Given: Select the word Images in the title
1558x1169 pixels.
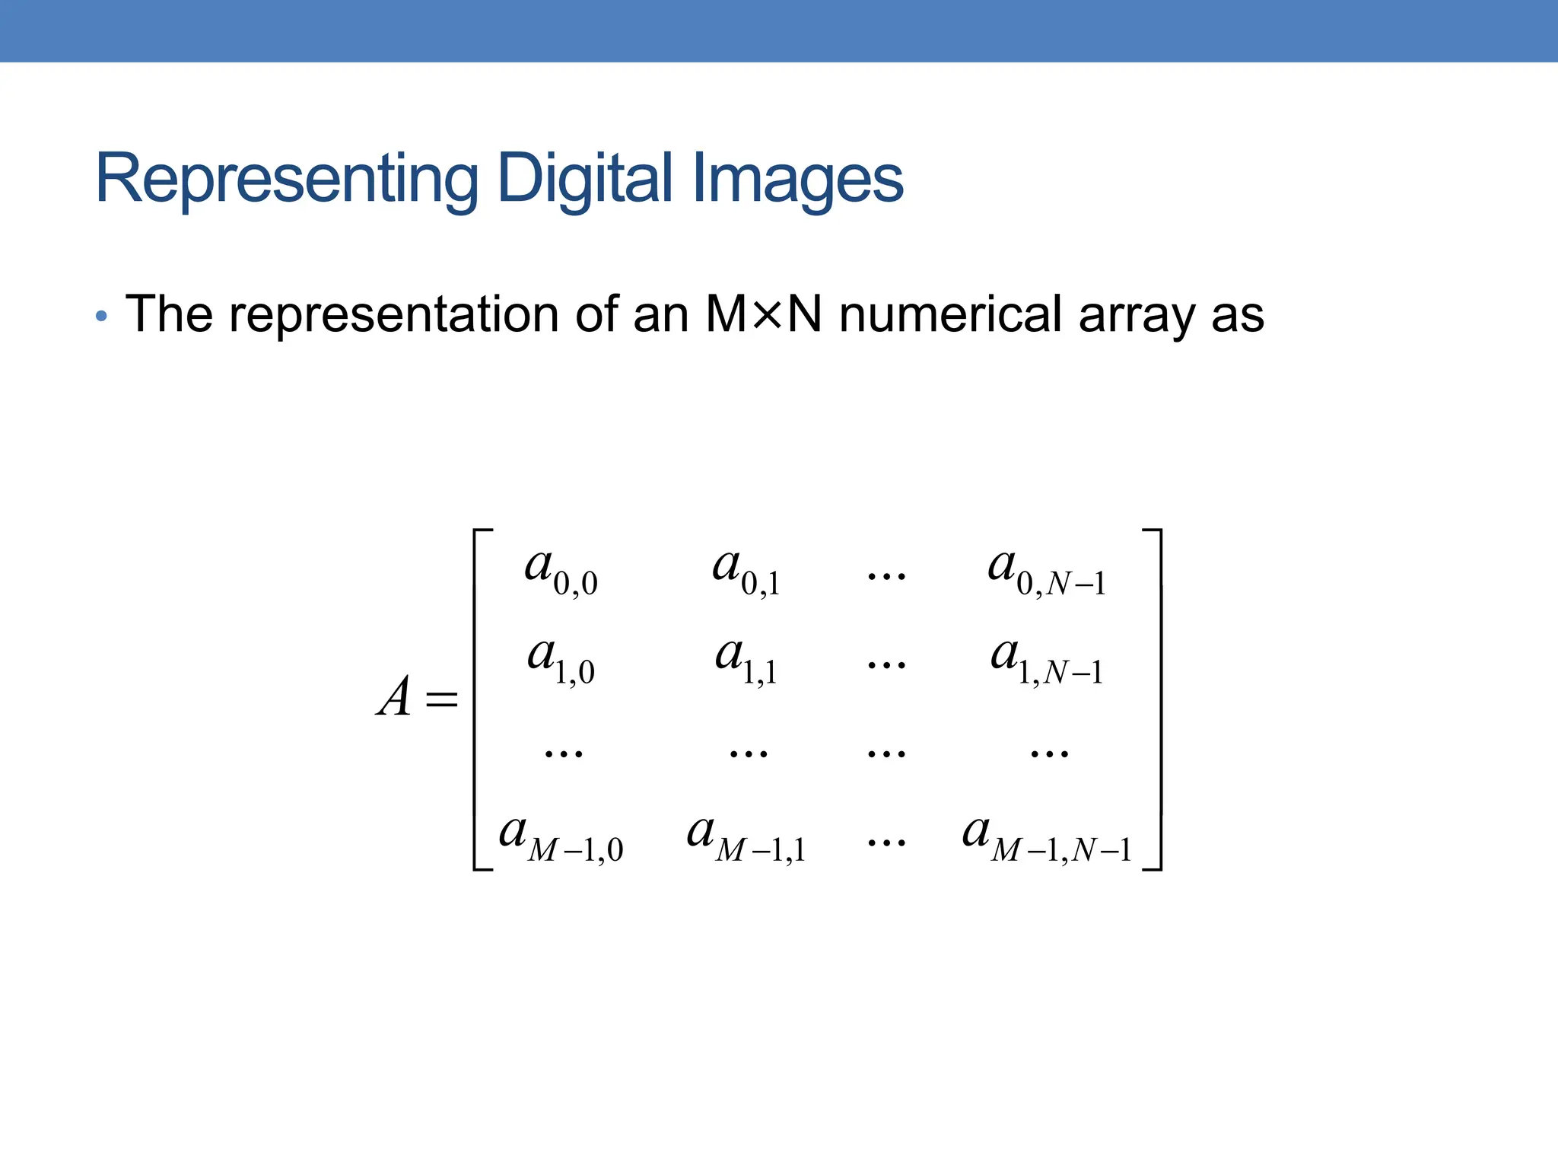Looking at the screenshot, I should click(798, 180).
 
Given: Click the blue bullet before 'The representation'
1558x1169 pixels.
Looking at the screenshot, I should click(101, 316).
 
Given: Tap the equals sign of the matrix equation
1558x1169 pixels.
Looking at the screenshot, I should click(442, 699).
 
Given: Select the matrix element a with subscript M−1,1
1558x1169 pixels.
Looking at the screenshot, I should click(746, 837).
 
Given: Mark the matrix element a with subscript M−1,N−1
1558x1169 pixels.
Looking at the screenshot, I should click(1046, 837).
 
